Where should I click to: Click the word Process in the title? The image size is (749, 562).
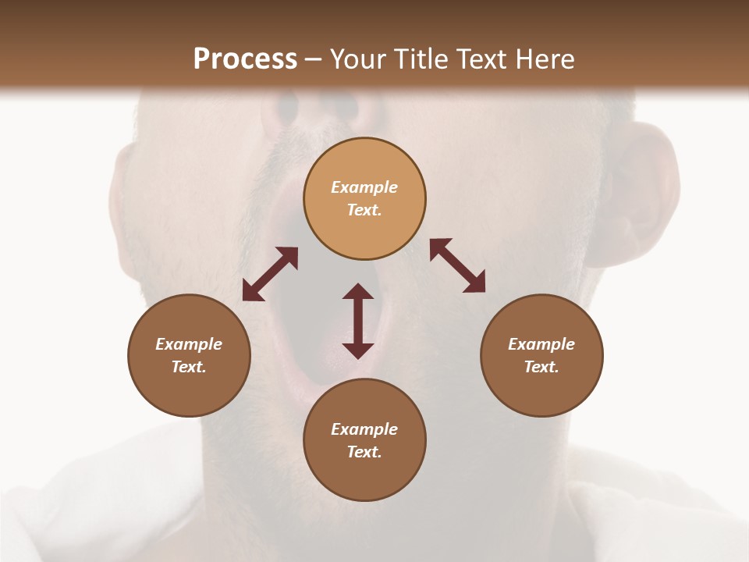(245, 59)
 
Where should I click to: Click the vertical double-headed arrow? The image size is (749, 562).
(358, 321)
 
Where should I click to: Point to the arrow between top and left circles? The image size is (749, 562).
(270, 274)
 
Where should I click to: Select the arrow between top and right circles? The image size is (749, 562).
(457, 265)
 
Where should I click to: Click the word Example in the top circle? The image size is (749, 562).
(364, 187)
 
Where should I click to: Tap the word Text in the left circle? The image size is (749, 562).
(189, 367)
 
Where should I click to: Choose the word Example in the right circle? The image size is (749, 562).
(541, 344)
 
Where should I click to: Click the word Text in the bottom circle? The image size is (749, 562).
(364, 452)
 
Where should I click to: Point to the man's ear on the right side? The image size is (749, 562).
(640, 195)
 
